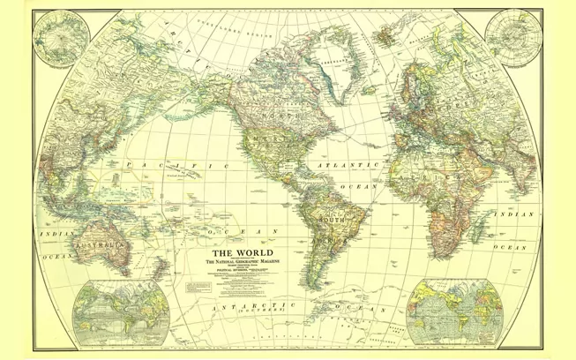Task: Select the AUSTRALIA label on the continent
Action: click(100, 241)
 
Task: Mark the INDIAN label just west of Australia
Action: click(53, 233)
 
